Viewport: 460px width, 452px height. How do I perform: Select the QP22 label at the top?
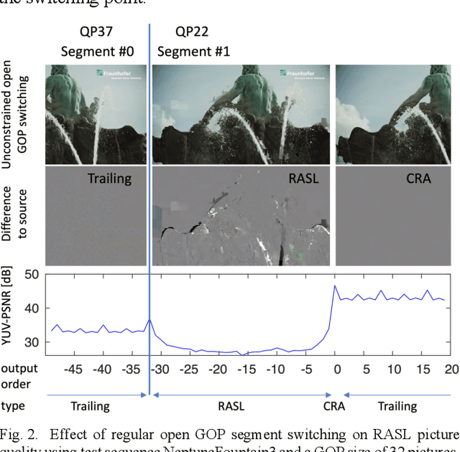click(x=193, y=32)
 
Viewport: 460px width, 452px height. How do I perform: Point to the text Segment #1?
click(x=192, y=52)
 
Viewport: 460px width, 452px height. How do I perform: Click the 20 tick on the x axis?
click(x=450, y=369)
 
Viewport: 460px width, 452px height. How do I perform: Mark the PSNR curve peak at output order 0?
click(x=334, y=286)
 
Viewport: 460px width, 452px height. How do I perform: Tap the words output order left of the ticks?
click(x=19, y=377)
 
